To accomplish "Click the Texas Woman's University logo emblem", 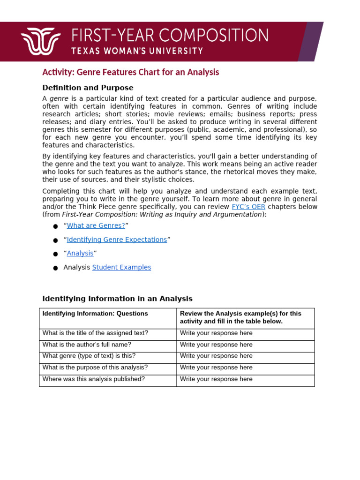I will (41, 41).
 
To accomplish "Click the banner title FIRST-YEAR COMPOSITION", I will (170, 36).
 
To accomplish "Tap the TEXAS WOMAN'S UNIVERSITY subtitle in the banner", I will (137, 51).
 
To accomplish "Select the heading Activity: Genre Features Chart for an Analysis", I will (131, 72).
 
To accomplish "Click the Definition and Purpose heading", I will (88, 88).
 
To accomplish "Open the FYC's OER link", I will (248, 207).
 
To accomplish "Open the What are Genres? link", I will (96, 225).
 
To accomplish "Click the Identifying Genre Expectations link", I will (117, 240).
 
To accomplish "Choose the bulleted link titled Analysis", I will (80, 253).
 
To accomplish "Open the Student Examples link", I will (121, 267).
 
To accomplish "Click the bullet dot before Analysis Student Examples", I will (55, 268).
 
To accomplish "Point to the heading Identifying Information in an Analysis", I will (117, 299).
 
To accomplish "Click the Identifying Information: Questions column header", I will (95, 314).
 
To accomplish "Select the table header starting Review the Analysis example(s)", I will (240, 317).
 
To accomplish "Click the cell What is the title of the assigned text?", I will (95, 333).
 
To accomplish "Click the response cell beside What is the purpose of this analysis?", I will (245, 367).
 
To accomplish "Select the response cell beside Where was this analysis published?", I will (245, 379).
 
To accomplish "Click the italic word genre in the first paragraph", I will (59, 99).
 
